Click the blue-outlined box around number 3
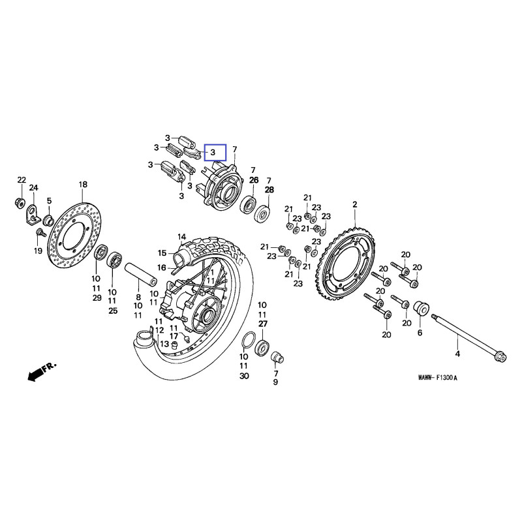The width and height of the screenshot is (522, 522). point(214,153)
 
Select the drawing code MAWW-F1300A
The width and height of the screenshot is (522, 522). point(438,378)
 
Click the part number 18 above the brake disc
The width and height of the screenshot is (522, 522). point(82,185)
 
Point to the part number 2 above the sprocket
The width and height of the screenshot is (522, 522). point(355,204)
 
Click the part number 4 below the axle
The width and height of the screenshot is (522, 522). point(457,354)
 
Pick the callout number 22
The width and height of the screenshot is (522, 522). point(21,179)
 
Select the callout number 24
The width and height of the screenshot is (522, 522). point(34,188)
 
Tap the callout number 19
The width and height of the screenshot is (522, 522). point(38,251)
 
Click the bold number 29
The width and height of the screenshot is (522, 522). point(96,298)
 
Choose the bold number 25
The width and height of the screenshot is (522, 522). point(112,311)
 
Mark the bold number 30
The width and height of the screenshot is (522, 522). point(243,376)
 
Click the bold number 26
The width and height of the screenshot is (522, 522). point(254,179)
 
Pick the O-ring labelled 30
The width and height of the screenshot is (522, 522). point(248,341)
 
